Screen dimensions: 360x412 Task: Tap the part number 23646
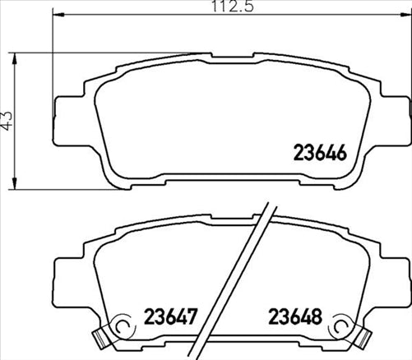[x=323, y=152]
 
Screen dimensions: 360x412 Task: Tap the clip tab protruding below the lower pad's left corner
[x=102, y=336]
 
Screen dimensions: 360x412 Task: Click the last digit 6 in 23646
[x=346, y=152]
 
